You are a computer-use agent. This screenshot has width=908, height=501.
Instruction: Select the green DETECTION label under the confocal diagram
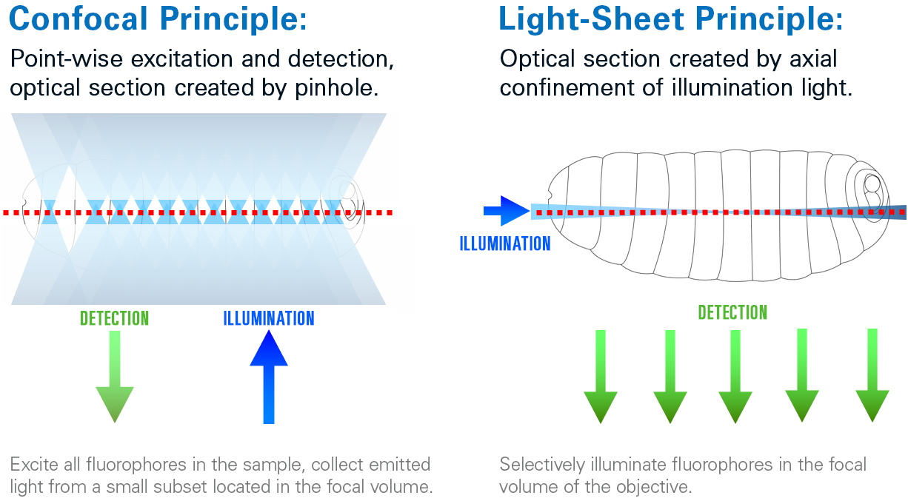115,319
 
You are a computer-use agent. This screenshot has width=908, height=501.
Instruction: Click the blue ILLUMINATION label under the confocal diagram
269,319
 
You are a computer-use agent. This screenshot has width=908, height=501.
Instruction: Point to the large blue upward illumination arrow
269,377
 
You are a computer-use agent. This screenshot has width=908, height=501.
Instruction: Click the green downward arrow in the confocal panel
115,377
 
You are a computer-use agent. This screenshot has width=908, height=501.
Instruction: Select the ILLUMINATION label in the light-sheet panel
505,243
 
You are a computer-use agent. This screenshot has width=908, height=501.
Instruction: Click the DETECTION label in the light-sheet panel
732,312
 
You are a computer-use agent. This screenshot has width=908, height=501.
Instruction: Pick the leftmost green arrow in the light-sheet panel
601,377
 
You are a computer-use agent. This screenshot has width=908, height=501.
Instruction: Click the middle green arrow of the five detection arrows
735,377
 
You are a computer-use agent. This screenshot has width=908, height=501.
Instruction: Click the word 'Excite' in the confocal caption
30,465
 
